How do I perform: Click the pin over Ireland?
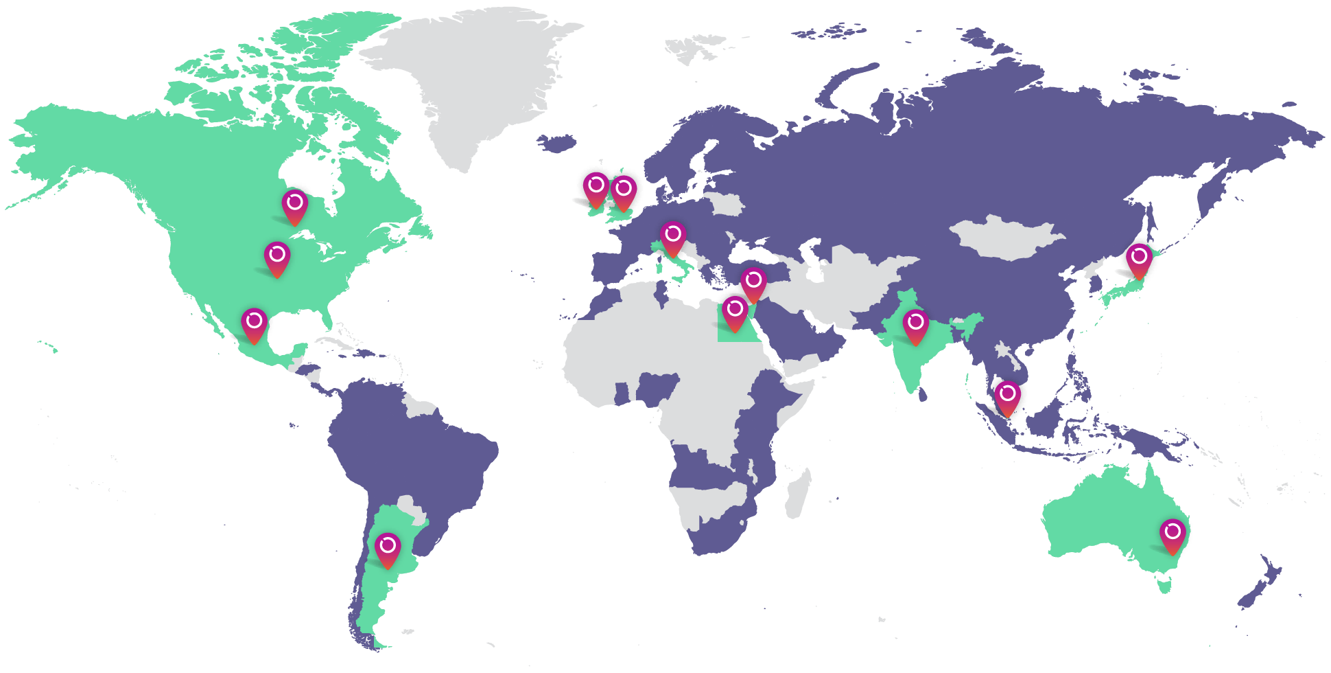596,189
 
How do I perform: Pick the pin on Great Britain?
624,192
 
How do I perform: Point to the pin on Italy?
673,238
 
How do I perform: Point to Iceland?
556,143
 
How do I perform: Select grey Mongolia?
1005,237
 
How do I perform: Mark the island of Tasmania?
1164,585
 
